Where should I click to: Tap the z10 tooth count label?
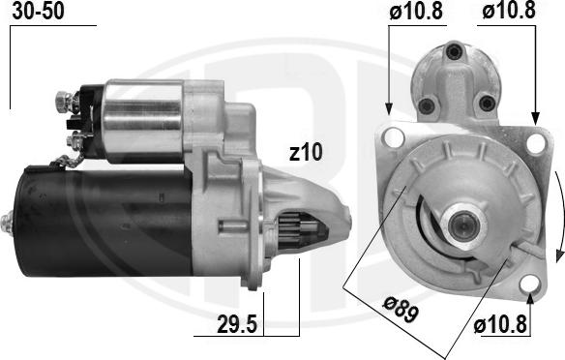pyautogui.click(x=305, y=152)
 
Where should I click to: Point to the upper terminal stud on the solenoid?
pyautogui.click(x=64, y=99)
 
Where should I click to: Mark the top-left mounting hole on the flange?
pyautogui.click(x=392, y=138)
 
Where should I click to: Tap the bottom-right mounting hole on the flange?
pyautogui.click(x=527, y=284)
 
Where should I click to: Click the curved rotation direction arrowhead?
pyautogui.click(x=559, y=254)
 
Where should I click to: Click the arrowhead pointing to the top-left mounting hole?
pyautogui.click(x=389, y=108)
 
